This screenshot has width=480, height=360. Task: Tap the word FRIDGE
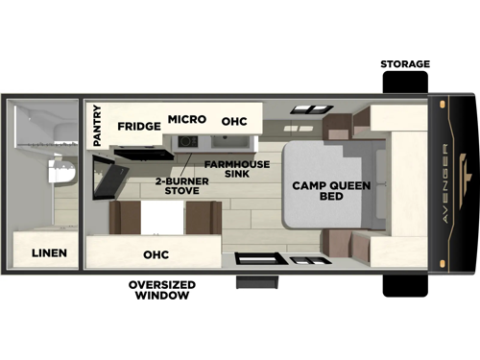point(138,126)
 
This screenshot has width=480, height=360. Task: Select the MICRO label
point(187,119)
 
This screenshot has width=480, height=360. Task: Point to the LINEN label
point(48,253)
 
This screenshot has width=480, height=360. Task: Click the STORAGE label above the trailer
point(404,64)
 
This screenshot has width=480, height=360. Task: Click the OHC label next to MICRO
point(234,123)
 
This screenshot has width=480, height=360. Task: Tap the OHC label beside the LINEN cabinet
point(156,254)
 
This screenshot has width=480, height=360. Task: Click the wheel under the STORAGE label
point(404,84)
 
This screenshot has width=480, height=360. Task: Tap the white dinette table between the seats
point(162,218)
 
